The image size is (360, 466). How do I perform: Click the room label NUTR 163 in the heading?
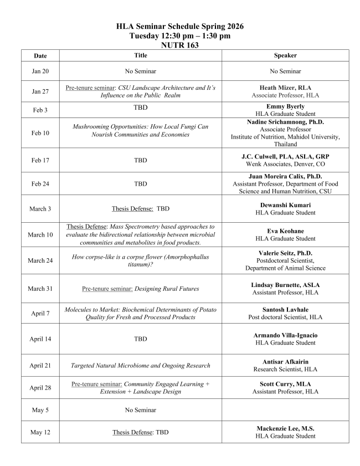180,45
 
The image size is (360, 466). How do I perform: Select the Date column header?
40,56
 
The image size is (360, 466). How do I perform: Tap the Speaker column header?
285,56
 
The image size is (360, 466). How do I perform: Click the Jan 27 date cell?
40,91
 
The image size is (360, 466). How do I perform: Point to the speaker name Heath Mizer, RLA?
285,88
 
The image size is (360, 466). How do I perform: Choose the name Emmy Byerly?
285,106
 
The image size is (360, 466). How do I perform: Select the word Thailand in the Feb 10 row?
285,144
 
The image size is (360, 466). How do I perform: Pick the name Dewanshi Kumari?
285,205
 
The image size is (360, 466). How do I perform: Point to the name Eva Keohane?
285,231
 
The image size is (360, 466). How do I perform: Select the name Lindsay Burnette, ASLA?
285,285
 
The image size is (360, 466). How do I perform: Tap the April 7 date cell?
40,313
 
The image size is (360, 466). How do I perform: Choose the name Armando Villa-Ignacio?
285,335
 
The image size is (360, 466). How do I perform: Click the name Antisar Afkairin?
285,362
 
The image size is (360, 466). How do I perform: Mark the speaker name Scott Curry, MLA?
285,384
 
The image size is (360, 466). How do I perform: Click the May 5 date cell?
40,411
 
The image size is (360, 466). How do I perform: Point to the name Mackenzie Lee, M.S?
285,428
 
